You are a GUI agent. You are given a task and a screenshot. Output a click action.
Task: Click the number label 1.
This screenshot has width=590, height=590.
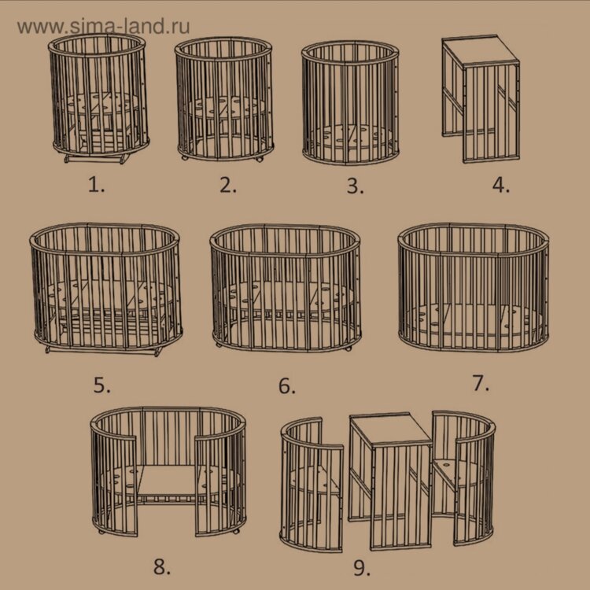tap(96, 185)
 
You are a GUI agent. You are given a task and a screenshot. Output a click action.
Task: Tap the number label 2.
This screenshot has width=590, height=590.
tap(228, 185)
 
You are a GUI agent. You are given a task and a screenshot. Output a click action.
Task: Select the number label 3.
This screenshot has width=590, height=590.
tap(356, 186)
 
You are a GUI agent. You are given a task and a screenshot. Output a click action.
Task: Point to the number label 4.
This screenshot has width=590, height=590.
tap(501, 185)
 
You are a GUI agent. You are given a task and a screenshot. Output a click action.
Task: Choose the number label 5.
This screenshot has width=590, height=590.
tap(102, 385)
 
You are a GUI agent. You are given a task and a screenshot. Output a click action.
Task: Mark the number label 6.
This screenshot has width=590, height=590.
tap(286, 386)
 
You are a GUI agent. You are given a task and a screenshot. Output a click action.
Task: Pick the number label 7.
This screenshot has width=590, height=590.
tap(481, 383)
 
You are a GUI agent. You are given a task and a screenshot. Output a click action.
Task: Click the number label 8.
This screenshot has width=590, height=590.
tap(162, 566)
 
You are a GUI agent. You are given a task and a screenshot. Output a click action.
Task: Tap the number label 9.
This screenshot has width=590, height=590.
tap(362, 568)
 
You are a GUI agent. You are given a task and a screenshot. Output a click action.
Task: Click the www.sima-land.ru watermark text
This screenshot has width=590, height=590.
tap(104, 26)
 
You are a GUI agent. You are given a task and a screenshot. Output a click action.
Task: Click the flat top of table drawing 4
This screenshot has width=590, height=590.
tap(481, 50)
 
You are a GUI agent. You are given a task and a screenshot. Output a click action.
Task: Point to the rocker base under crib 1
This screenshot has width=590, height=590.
tap(97, 159)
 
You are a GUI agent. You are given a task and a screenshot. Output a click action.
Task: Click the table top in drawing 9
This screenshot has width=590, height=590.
tap(390, 429)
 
